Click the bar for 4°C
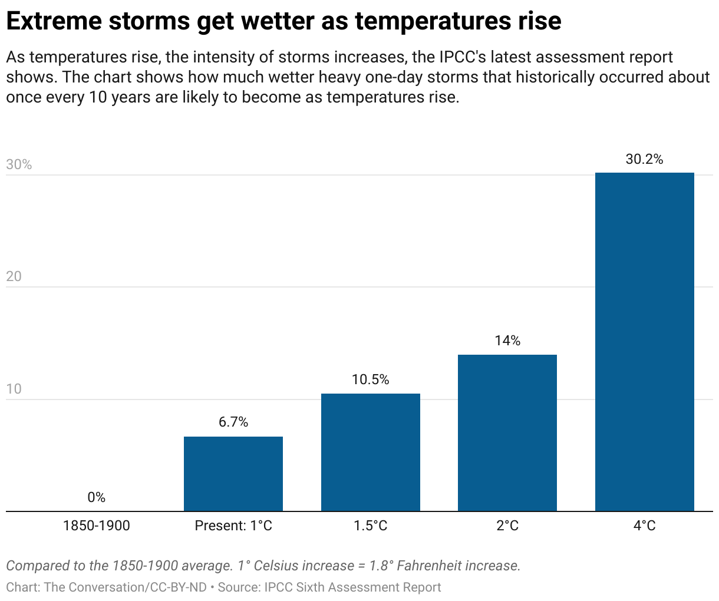(x=644, y=342)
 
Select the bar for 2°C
(x=507, y=433)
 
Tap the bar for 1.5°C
(x=370, y=453)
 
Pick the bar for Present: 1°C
(x=233, y=474)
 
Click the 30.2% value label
(x=644, y=159)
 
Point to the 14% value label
(x=507, y=341)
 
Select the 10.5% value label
(x=370, y=379)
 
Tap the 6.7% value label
(x=233, y=422)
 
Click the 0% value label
(x=96, y=497)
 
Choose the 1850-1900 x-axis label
(x=96, y=526)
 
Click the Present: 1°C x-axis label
(x=233, y=526)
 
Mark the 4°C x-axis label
(x=644, y=526)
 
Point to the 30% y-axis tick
(x=19, y=164)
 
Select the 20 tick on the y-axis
(x=14, y=276)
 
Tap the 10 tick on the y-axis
(x=14, y=389)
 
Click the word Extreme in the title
(x=52, y=21)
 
